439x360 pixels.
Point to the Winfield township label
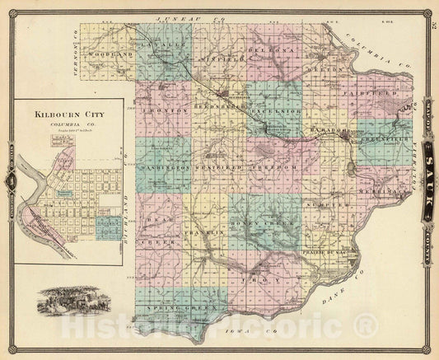(220, 60)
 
